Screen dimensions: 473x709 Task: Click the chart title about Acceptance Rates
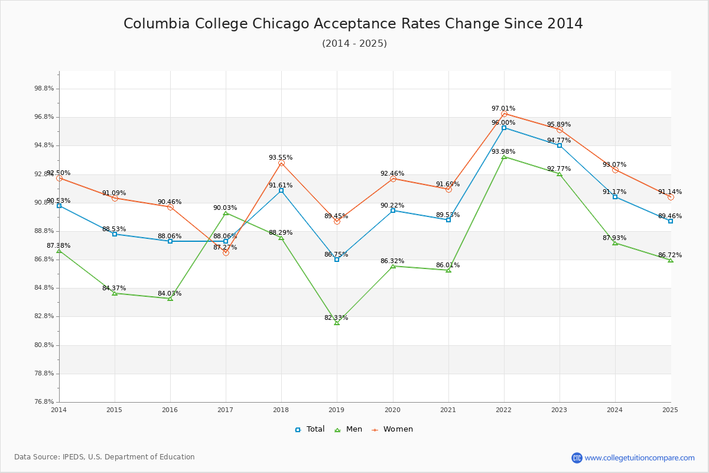tap(353, 24)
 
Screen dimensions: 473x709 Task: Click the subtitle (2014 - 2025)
tap(354, 44)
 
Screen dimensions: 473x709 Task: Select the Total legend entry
tap(310, 429)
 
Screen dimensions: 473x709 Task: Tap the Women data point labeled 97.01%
tap(504, 114)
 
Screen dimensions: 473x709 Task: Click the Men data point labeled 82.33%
tap(337, 323)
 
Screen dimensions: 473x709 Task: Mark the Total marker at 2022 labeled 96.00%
tap(504, 128)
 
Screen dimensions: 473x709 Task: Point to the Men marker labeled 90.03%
tap(226, 213)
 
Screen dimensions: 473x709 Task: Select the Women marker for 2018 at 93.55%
tap(281, 163)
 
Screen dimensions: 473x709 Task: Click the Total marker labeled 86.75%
tap(337, 260)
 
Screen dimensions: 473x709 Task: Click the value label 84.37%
tap(114, 289)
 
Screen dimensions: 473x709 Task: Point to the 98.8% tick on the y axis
tap(44, 89)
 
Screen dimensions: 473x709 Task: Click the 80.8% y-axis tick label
tap(44, 345)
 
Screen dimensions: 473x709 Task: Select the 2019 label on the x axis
tap(337, 409)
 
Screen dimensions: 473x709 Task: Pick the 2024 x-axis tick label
tap(614, 409)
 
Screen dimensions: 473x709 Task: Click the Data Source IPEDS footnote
tap(105, 457)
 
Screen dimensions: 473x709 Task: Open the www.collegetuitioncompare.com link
tap(639, 458)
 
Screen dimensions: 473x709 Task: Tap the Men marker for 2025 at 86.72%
tap(670, 261)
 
